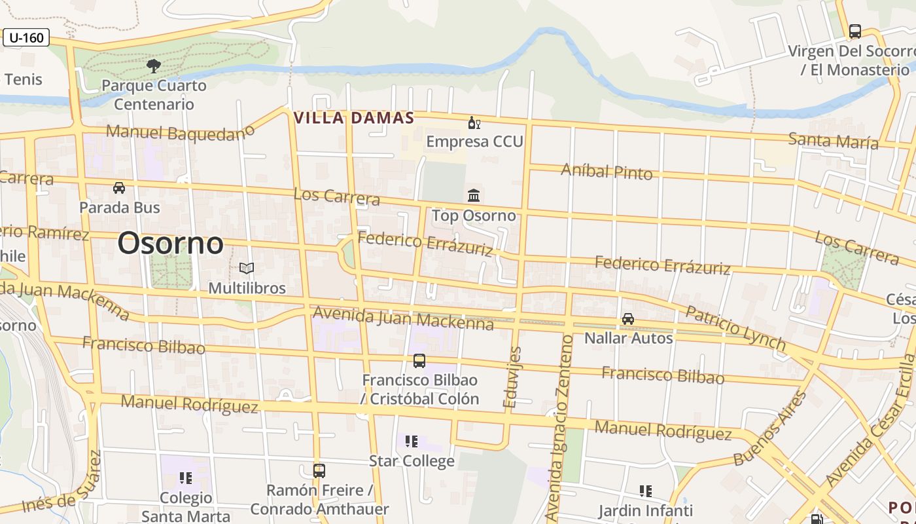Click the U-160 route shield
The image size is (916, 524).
26,37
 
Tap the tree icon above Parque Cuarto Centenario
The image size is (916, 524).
154,65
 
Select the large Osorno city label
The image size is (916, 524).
170,244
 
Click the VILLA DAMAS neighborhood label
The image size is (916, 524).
354,118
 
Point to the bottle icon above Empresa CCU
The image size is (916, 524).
474,122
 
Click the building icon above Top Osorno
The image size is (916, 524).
474,195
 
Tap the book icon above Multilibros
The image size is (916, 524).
247,268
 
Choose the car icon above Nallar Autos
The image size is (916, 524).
628,319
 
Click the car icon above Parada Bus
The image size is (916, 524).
119,188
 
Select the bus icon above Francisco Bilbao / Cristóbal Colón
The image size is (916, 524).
419,360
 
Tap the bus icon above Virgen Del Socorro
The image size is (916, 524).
855,31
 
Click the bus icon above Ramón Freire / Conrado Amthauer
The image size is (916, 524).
319,470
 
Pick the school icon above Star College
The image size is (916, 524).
411,441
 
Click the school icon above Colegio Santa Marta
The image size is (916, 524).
186,478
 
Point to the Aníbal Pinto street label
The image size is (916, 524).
607,172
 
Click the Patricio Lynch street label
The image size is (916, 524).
735,327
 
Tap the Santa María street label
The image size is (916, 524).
833,140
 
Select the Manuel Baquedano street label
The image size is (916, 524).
179,133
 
